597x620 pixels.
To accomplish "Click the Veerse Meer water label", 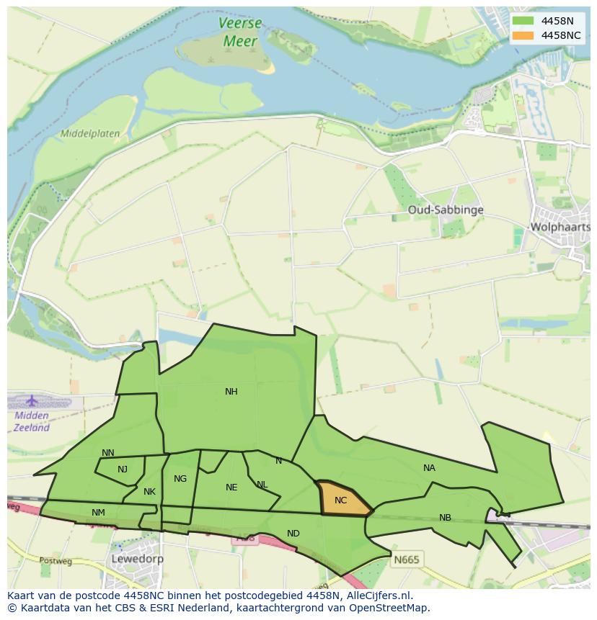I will pos(240,32).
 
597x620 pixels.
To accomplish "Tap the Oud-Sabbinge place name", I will pos(445,210).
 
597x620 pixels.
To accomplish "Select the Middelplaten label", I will pos(90,134).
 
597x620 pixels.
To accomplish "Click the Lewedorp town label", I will pos(137,559).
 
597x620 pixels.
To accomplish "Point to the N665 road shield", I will pos(407,559).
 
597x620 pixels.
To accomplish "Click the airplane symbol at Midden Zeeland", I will pos(32,400).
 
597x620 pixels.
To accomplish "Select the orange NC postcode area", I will pos(341,499).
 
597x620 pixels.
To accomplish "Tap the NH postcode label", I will pos(231,392).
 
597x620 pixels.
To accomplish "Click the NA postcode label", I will pos(429,468).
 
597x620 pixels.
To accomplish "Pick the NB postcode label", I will pos(445,518).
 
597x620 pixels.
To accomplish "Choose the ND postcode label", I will pos(293,534).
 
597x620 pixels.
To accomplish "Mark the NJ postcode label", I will pos(123,470).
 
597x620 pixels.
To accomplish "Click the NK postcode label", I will pos(149,492).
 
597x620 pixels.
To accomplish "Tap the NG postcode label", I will pos(180,479).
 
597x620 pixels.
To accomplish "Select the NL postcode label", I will pos(262,485).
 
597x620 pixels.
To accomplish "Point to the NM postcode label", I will pos(98,513).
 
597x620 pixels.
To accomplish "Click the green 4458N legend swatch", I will pos(523,21).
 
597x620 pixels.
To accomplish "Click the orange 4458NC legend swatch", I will pos(523,35).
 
